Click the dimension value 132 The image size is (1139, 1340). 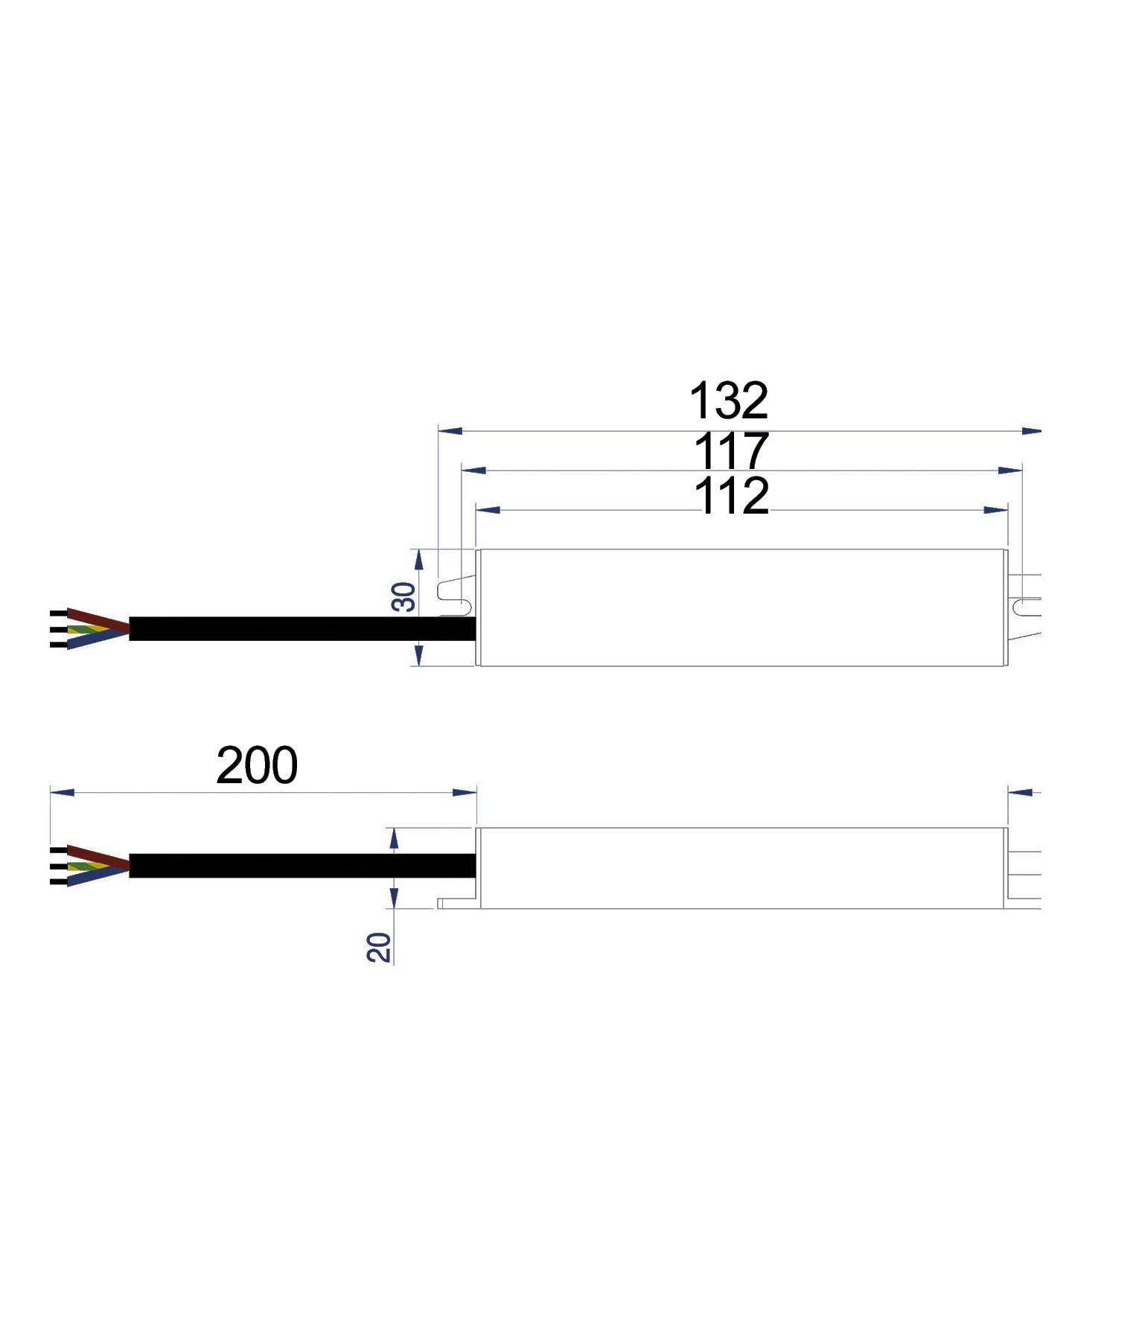click(x=728, y=402)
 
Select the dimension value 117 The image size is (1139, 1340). click(x=730, y=451)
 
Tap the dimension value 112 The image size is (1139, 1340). click(x=731, y=496)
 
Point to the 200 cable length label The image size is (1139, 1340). click(x=257, y=765)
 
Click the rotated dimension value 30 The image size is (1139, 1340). click(x=404, y=597)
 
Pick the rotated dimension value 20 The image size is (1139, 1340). click(x=380, y=947)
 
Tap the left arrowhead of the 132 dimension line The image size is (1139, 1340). click(x=450, y=430)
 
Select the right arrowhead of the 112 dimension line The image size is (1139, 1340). click(x=996, y=510)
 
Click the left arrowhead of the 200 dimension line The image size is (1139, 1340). click(x=62, y=793)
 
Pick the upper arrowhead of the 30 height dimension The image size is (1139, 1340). click(x=418, y=560)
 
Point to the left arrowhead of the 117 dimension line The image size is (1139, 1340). click(x=473, y=470)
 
